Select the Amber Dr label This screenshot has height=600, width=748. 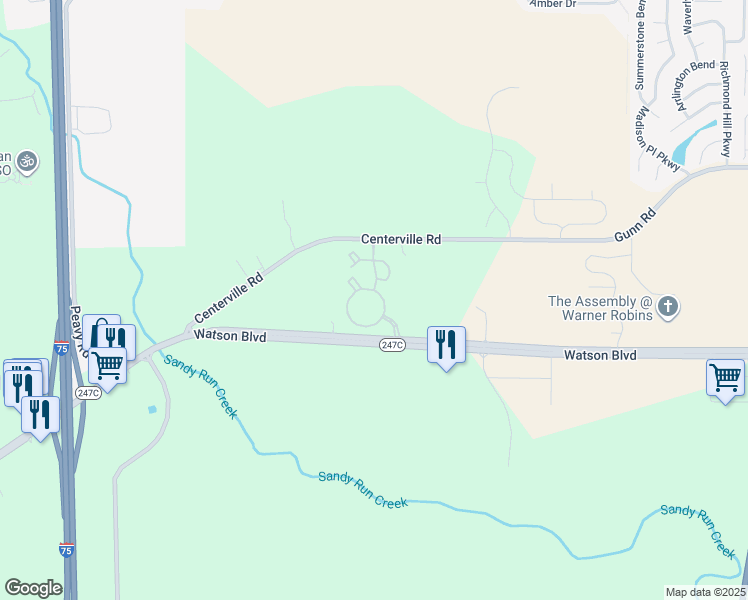point(553,4)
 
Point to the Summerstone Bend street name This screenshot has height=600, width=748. point(639,53)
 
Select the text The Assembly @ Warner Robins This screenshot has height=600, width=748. point(600,308)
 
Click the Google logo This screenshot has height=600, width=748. point(33,588)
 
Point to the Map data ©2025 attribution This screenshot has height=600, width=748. point(704,592)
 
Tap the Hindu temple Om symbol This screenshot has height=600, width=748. point(26,160)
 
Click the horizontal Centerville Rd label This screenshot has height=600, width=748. point(401,240)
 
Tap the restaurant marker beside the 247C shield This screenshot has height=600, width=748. point(446,345)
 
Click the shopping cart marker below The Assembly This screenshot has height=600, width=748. point(725,378)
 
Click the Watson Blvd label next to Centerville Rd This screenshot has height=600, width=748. point(230,337)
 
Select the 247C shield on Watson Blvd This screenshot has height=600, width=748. point(392,345)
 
